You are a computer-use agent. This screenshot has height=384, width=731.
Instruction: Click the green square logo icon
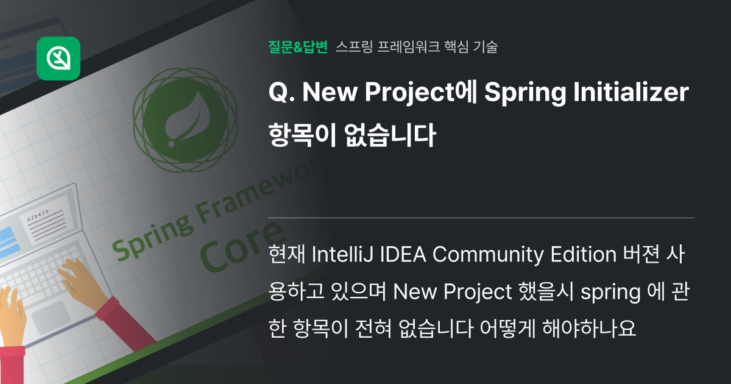tap(58, 59)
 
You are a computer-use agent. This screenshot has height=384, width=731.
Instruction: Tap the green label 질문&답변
tap(298, 47)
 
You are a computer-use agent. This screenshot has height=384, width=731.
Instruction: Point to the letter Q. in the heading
tap(279, 94)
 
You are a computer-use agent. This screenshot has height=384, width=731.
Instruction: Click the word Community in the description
tap(489, 255)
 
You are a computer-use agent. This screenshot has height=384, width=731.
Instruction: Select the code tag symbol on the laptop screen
tap(37, 216)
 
